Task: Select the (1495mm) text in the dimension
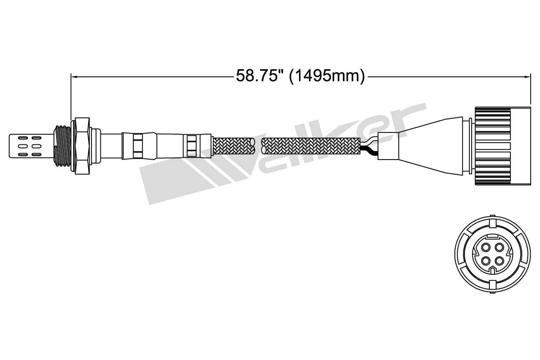327,76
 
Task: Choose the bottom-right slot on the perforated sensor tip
36,154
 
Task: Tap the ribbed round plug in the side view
502,146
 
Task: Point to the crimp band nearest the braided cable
192,146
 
